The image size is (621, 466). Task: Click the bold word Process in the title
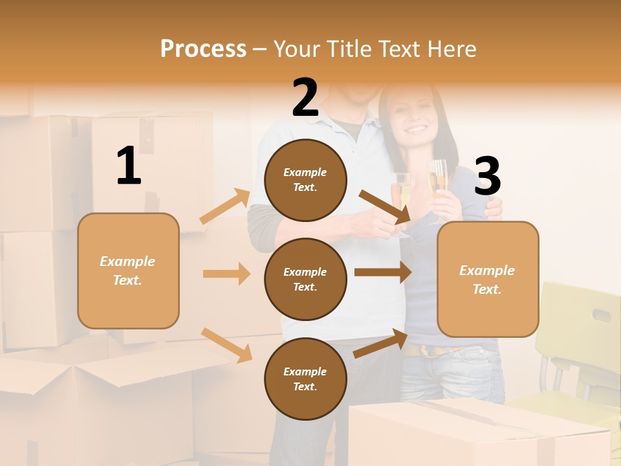coord(203,49)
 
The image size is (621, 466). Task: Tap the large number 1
coord(129,166)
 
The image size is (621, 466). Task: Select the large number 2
coord(305,98)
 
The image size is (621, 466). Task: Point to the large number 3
coord(487,177)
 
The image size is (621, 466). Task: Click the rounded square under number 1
coord(128,271)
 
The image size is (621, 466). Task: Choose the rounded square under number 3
coord(488,279)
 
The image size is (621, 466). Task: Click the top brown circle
coord(305,180)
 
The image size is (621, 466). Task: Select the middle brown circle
coord(305,279)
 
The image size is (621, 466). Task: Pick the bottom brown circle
coord(305,379)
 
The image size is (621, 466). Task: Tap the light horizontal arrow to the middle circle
coord(226,274)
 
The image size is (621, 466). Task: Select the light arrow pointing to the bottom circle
coord(226,344)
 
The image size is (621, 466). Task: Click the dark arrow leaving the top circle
coord(386,206)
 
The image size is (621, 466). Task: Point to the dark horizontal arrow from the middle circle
coord(383,272)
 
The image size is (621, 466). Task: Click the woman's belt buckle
coord(427,351)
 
